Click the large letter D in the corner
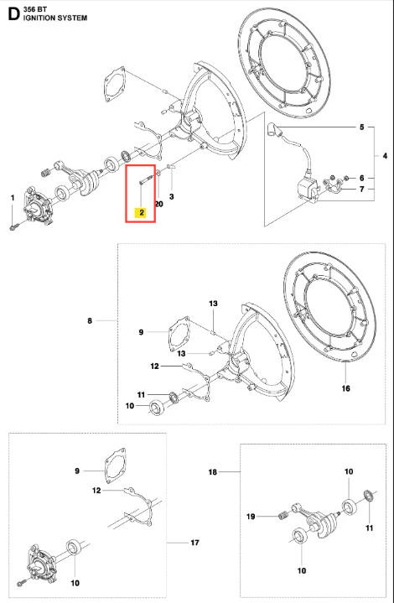tap(13, 13)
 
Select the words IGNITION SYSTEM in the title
tap(55, 18)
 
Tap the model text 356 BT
tap(34, 9)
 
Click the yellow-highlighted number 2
tap(142, 212)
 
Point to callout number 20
tap(158, 204)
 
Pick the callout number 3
tap(172, 196)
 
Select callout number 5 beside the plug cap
tap(361, 127)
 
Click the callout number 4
tap(385, 156)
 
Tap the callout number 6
tap(361, 178)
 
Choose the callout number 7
tap(361, 190)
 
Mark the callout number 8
tap(90, 320)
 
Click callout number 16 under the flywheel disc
tap(346, 388)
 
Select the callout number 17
tap(194, 543)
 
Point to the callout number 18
tap(213, 472)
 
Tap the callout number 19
tap(251, 517)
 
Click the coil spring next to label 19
tap(283, 515)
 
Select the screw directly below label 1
tap(13, 227)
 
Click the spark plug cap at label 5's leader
tap(273, 128)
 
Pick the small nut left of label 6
tap(345, 178)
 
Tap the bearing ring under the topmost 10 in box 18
tap(349, 506)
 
